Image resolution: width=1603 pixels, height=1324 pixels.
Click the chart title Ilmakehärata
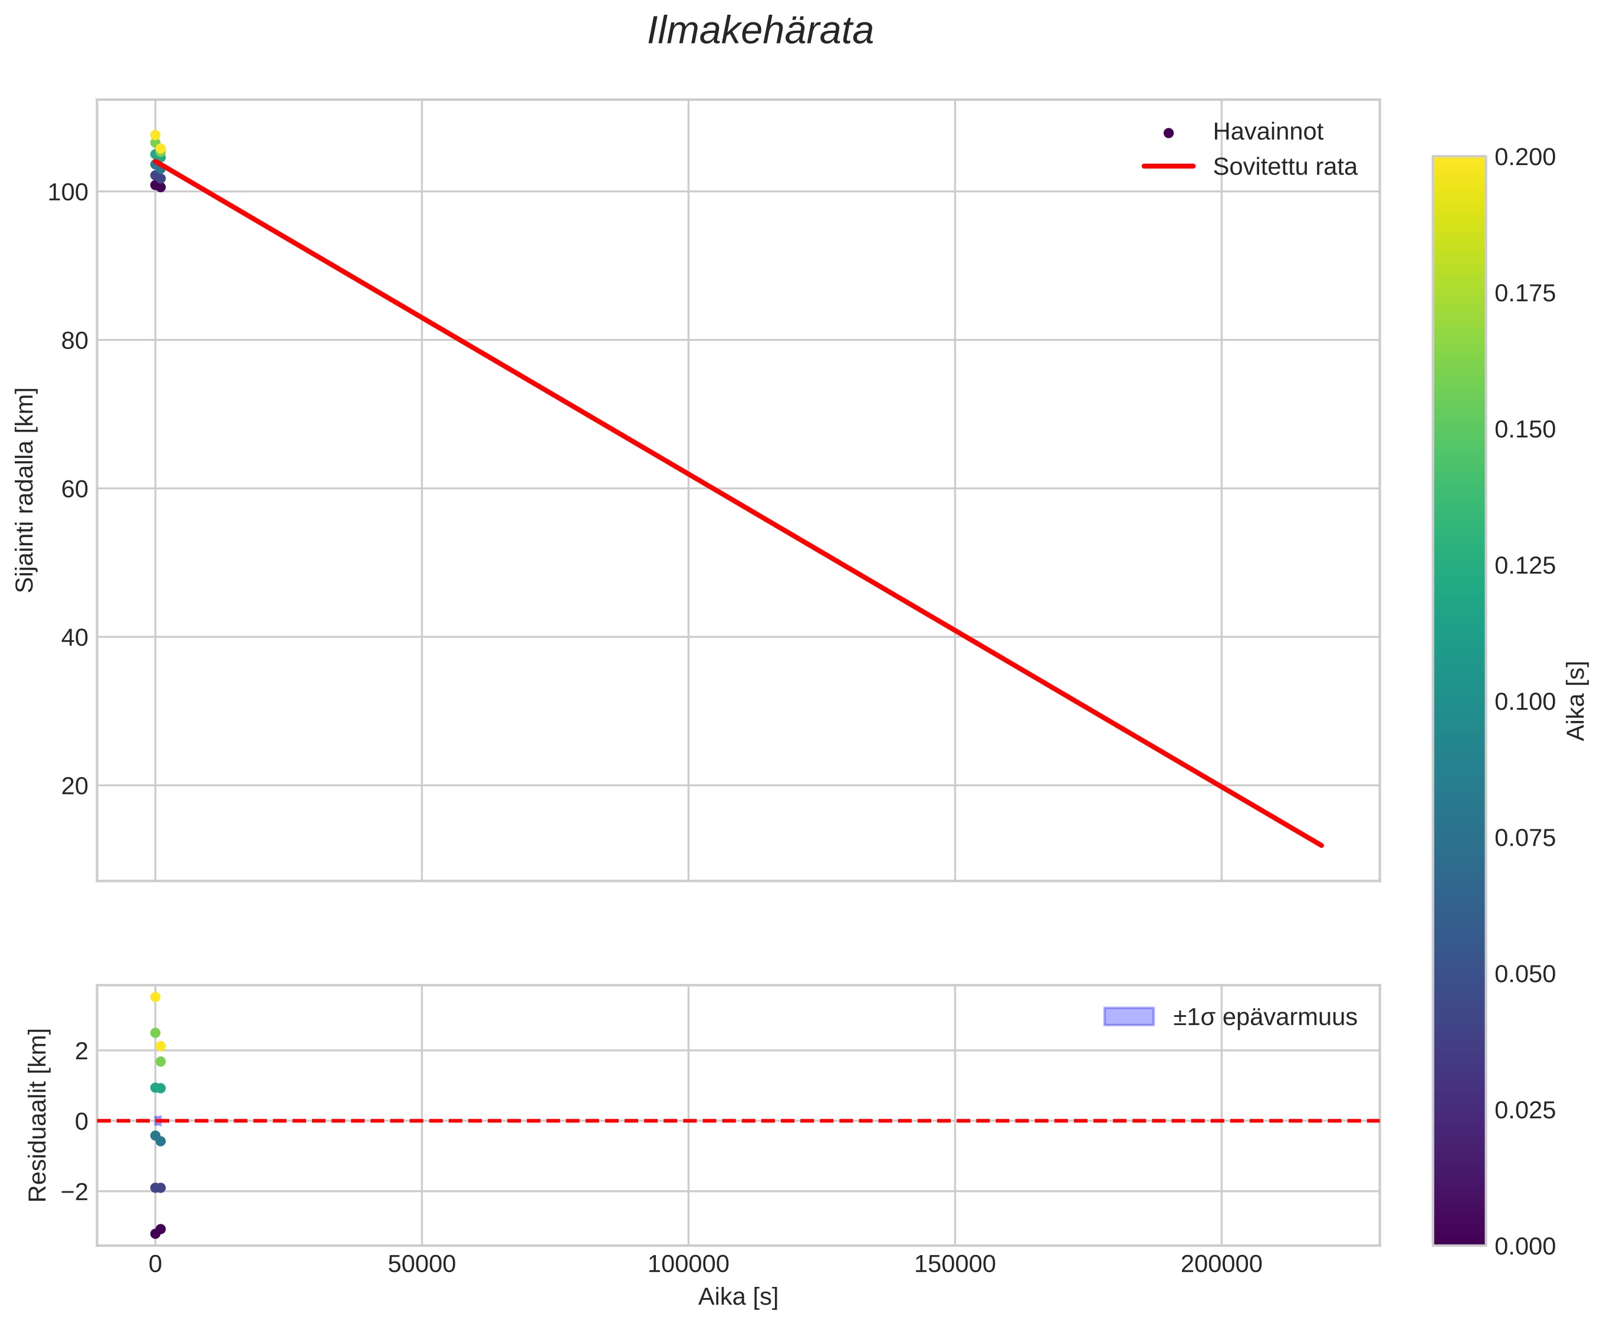[x=760, y=32]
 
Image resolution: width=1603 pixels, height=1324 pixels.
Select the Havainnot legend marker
[x=1168, y=133]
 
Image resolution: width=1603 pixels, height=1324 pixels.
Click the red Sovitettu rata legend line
[x=1168, y=166]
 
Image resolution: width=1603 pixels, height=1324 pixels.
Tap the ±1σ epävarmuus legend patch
[x=1128, y=1017]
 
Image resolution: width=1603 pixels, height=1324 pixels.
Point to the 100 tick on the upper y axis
[x=68, y=192]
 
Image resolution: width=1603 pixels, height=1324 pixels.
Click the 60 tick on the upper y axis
[x=74, y=489]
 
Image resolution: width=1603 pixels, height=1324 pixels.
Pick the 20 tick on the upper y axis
[x=74, y=786]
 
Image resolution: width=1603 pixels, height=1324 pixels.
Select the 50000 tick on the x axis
[x=421, y=1264]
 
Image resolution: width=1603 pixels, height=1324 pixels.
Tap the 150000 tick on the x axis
[x=954, y=1264]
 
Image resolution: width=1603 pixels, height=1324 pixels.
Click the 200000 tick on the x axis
[x=1221, y=1264]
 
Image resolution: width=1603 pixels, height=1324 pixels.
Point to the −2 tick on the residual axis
[x=74, y=1191]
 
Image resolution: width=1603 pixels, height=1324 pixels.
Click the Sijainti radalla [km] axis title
[x=25, y=490]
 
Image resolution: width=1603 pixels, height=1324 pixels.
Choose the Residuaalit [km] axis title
[x=37, y=1115]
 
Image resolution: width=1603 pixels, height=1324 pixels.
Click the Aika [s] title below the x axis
[x=738, y=1297]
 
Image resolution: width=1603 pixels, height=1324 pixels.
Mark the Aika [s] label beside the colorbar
[x=1576, y=701]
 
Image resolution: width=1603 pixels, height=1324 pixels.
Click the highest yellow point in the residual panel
[x=155, y=997]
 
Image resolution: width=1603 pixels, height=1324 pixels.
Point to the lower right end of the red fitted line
[x=1322, y=845]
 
